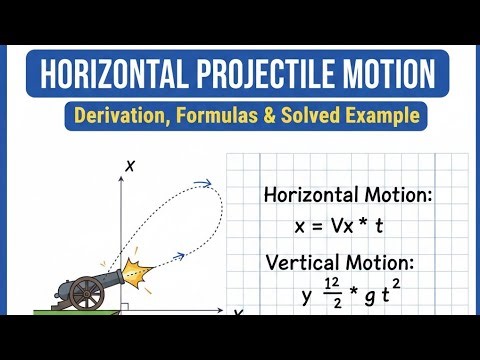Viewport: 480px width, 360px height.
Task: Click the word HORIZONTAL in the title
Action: tap(116, 75)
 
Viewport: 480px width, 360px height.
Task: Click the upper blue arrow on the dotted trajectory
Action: tap(204, 183)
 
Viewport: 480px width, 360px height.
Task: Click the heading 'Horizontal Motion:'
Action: tap(348, 195)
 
